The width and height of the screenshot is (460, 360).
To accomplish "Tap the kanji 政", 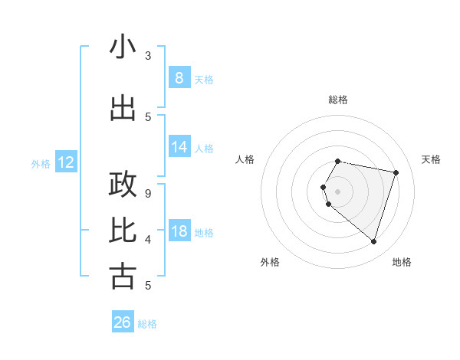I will [123, 185].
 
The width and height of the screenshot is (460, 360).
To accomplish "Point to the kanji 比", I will [123, 229].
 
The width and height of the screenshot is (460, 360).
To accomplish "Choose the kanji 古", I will [123, 276].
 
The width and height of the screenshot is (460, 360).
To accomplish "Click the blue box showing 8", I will [179, 78].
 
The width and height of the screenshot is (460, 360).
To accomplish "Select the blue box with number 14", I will [179, 147].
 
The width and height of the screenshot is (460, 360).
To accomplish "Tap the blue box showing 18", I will [179, 231].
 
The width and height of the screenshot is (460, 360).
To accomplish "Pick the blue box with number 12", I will [65, 162].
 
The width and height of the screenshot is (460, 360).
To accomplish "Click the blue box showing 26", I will [122, 322].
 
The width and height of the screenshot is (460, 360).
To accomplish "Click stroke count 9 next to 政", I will [148, 193].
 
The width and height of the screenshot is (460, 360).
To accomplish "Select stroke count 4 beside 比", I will [148, 239].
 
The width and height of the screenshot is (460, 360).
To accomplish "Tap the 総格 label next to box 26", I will [147, 324].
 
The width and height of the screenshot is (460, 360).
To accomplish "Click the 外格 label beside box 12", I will [41, 163].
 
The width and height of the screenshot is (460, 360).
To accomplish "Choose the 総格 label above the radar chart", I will [337, 100].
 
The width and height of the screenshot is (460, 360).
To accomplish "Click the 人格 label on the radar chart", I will [245, 159].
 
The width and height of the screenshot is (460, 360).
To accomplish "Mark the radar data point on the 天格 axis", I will [396, 172].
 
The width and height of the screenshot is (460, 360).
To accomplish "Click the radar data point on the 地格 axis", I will [373, 241].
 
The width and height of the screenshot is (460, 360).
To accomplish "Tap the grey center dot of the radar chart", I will [337, 191].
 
